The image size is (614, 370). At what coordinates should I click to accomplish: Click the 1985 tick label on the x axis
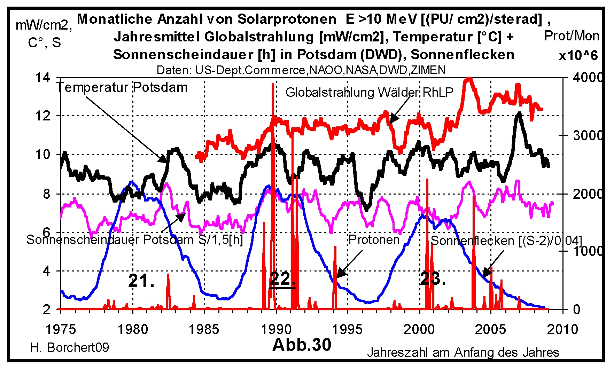tap(204, 329)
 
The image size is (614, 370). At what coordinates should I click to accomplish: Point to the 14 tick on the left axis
tap(42, 77)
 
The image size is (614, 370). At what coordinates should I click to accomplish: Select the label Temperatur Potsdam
tap(122, 87)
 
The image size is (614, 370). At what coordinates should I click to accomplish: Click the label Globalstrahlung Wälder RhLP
tap(369, 92)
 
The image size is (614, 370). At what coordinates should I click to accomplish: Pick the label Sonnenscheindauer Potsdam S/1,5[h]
tap(134, 240)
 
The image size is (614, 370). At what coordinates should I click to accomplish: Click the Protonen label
tap(374, 239)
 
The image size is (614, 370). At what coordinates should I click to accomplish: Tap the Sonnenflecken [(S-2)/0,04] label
tap(506, 241)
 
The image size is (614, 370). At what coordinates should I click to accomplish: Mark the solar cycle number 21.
tap(141, 281)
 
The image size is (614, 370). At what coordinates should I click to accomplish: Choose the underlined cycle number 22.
tap(282, 279)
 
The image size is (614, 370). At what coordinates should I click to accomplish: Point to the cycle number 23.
tap(433, 279)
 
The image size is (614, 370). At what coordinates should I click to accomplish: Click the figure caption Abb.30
tap(302, 345)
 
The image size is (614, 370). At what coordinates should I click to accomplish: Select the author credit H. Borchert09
tap(70, 347)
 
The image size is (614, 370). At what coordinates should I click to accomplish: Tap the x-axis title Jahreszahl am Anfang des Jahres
tap(463, 353)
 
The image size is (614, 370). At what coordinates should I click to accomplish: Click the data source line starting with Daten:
tap(301, 70)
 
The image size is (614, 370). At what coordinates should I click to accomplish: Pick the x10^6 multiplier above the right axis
tap(578, 56)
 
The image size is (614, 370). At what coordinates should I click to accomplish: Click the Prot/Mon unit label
tap(572, 36)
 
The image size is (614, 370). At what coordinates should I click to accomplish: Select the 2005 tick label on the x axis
tap(490, 329)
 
